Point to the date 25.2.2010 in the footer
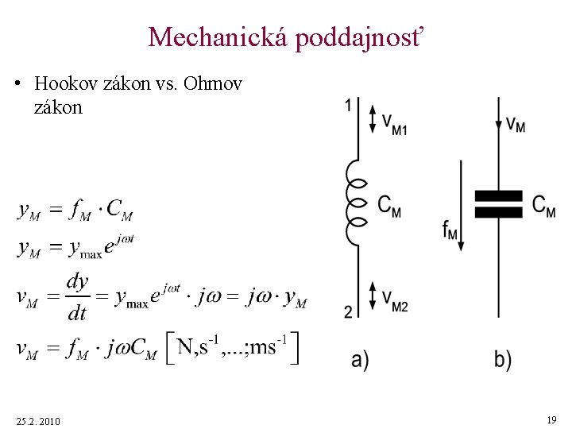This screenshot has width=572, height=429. pyautogui.click(x=37, y=420)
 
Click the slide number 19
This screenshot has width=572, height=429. pyautogui.click(x=551, y=419)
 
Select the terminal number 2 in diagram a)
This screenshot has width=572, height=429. pyautogui.click(x=348, y=312)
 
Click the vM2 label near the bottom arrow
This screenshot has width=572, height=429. pyautogui.click(x=394, y=299)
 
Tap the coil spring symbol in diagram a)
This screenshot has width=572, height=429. pyautogui.click(x=355, y=202)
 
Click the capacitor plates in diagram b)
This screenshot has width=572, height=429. pyautogui.click(x=498, y=203)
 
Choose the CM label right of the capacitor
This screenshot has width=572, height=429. pyautogui.click(x=544, y=205)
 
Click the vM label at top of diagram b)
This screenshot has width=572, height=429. pyautogui.click(x=516, y=125)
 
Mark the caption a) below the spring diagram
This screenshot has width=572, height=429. pyautogui.click(x=360, y=360)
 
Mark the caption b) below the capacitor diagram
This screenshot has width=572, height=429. pyautogui.click(x=503, y=360)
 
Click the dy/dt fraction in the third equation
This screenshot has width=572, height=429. pyautogui.click(x=77, y=297)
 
